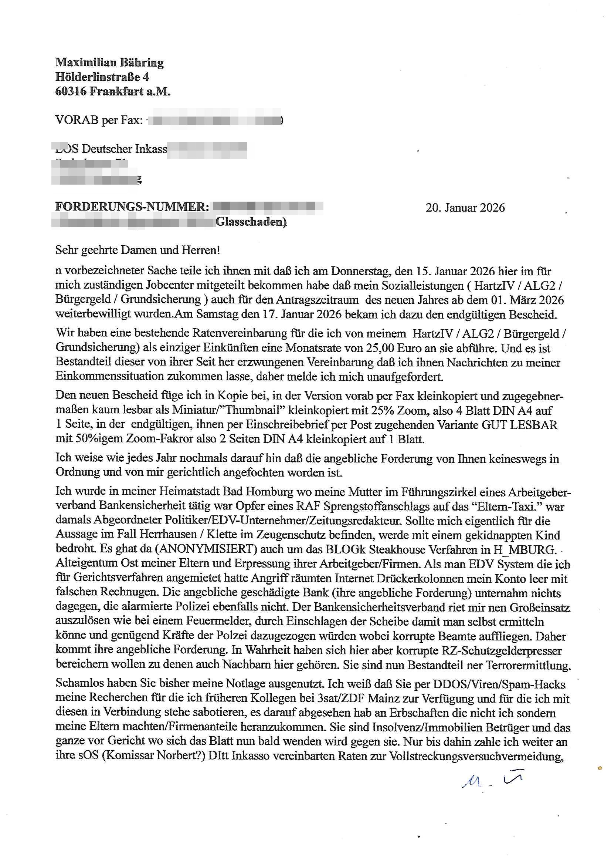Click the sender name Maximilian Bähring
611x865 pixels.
coord(109,62)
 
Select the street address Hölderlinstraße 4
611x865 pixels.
coord(102,77)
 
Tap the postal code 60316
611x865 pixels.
coord(71,91)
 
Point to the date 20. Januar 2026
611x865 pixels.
coord(465,208)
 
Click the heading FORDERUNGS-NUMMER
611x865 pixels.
coord(132,206)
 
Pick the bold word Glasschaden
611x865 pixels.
coord(251,222)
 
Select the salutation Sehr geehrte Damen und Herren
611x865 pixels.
coord(138,250)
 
